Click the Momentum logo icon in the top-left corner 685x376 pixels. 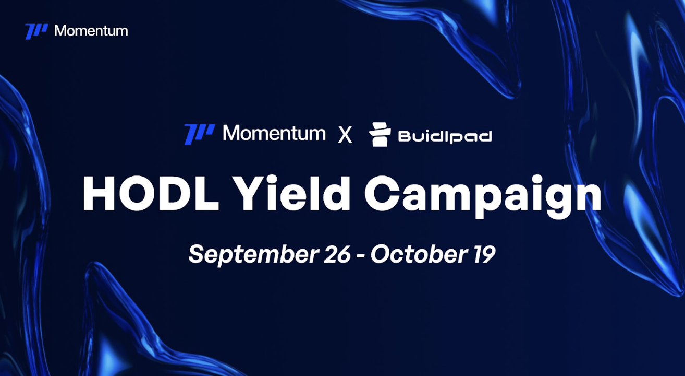click(x=36, y=31)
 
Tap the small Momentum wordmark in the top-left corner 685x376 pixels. click(x=91, y=31)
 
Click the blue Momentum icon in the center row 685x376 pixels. click(x=199, y=134)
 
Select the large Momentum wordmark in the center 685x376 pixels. click(x=274, y=133)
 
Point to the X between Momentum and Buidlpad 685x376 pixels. click(x=345, y=135)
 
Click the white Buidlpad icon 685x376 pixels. click(x=380, y=134)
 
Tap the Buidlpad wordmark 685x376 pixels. click(x=445, y=136)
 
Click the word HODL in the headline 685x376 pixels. click(x=151, y=193)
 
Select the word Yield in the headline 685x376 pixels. click(x=292, y=192)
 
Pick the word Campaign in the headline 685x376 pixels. click(x=483, y=196)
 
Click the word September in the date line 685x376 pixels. click(x=253, y=254)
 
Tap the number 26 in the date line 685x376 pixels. click(x=337, y=254)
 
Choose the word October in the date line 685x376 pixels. click(x=419, y=254)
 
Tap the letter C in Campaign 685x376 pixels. click(x=382, y=193)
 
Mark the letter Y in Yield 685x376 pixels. click(x=252, y=193)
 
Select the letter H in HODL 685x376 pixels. click(x=99, y=193)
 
